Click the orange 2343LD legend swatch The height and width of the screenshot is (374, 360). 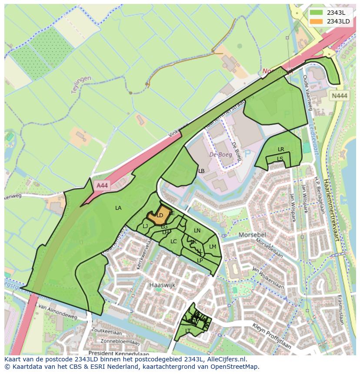[317, 21]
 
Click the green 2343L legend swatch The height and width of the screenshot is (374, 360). [317, 12]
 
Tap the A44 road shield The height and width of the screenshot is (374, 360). [102, 185]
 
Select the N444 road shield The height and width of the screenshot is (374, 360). [339, 96]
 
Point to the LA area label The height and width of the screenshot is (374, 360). [118, 208]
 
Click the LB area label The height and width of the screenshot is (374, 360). [201, 171]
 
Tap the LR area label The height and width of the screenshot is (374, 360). [281, 149]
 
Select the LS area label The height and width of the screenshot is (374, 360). [280, 159]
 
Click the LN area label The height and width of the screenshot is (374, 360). [197, 231]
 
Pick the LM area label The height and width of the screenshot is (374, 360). [213, 247]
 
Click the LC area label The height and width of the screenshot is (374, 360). [173, 242]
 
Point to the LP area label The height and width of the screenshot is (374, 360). [200, 261]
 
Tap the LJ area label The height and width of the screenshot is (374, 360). [145, 226]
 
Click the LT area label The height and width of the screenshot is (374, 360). [188, 331]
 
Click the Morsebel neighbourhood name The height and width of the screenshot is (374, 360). [252, 235]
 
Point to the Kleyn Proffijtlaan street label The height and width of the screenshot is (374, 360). [272, 335]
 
